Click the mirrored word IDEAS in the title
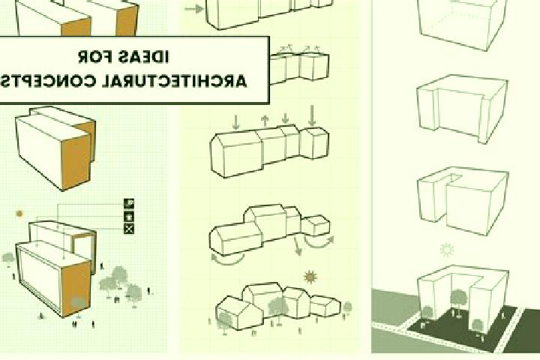pyautogui.click(x=143, y=57)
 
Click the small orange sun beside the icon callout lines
pyautogui.click(x=19, y=214)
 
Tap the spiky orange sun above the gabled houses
pyautogui.click(x=310, y=277)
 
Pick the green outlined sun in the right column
pyautogui.click(x=447, y=250)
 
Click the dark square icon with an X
pyautogui.click(x=129, y=229)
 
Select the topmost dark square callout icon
pyautogui.click(x=129, y=203)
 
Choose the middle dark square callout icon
pyautogui.click(x=129, y=216)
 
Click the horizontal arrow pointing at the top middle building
pyautogui.click(x=194, y=9)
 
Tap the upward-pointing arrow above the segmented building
pyautogui.click(x=265, y=121)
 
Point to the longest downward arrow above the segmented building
pyautogui.click(x=312, y=115)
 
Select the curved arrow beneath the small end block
pyautogui.click(x=319, y=244)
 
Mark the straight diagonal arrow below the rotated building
pyautogui.click(x=297, y=246)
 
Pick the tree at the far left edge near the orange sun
pyautogui.click(x=8, y=259)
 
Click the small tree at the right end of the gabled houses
pyautogui.click(x=347, y=307)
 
